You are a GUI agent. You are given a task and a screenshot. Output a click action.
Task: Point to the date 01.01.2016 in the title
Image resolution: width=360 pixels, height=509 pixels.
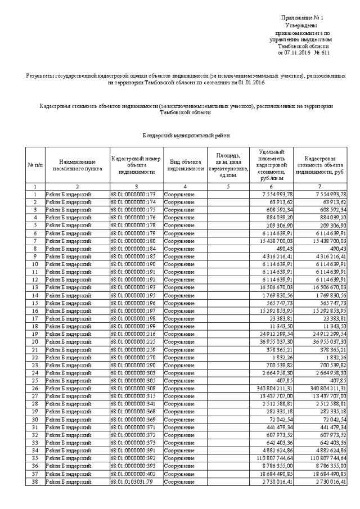250,83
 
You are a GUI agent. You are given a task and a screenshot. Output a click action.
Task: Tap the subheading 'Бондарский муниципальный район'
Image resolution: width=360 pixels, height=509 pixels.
186,136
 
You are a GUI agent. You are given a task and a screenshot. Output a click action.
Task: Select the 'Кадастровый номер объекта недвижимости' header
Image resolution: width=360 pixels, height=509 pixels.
136,163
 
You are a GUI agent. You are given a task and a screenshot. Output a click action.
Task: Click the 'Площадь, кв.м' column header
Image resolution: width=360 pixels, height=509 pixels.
228,163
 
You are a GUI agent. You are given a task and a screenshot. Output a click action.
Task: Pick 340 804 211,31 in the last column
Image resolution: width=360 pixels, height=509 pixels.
323,389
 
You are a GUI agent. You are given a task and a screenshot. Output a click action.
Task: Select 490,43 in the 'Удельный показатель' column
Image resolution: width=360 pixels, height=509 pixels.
282,248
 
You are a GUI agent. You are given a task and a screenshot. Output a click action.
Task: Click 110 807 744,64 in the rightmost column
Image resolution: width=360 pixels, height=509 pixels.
323,458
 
